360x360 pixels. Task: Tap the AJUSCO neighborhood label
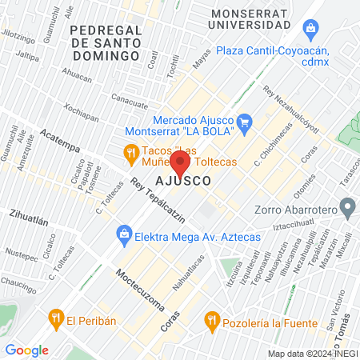[x=184, y=182]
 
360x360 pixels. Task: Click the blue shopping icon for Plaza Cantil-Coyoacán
[x=311, y=30]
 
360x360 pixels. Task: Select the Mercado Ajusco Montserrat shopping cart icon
[x=246, y=122]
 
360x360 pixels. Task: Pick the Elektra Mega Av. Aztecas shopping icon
[x=124, y=234]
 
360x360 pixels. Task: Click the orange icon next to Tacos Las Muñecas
[x=130, y=152]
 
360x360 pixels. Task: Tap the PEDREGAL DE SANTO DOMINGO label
[x=105, y=42]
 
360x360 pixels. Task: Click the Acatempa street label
[x=62, y=142]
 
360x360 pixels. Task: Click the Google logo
[x=26, y=350]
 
